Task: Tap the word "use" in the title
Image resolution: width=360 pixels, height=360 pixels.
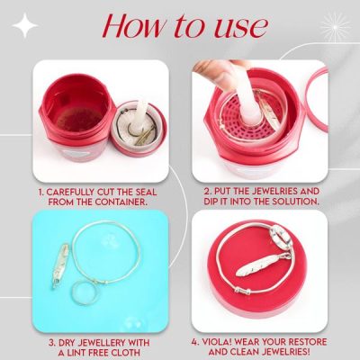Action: click(x=238, y=26)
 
